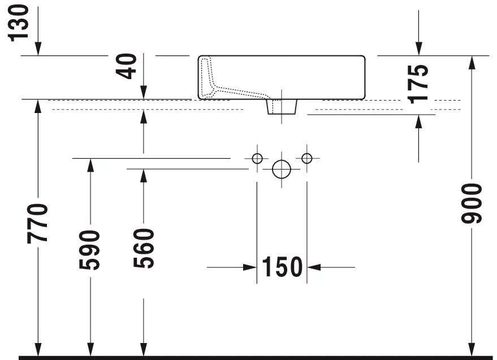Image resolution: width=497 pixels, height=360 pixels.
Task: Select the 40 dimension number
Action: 126,66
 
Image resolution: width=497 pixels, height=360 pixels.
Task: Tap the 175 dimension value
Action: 417,84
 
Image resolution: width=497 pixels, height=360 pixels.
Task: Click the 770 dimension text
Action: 38,224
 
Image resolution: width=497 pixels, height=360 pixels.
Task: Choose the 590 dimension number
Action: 89,250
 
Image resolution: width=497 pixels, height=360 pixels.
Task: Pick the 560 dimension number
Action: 144,248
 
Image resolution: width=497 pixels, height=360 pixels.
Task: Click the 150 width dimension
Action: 282,267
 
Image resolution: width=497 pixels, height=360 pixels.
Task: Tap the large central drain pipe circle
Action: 282,169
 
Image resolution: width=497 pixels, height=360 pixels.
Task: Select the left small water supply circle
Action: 257,158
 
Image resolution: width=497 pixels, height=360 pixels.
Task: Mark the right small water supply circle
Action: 307,158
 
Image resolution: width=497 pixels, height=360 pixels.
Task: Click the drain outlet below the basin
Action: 282,107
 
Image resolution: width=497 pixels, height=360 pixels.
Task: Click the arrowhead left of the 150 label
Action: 250,267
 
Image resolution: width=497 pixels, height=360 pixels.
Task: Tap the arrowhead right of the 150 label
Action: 314,267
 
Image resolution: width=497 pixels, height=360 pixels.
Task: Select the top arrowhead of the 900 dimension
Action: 472,62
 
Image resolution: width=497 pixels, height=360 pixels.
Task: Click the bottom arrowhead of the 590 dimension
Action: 90,349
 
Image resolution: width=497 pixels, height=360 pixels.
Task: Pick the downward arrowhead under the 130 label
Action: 38,49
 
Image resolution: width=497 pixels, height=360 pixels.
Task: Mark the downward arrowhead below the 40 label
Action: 144,92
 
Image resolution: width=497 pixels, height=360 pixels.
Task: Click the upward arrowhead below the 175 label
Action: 419,122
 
